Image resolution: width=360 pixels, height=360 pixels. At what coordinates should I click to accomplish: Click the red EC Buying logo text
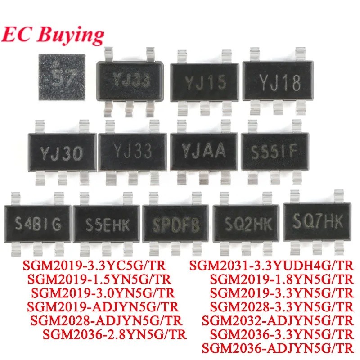pyautogui.click(x=53, y=34)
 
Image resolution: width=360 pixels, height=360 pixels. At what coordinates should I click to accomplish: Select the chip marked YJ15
pyautogui.click(x=203, y=83)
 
